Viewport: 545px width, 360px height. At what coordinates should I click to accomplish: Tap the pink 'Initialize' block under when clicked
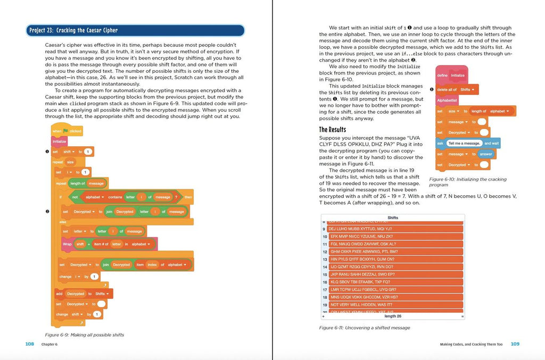tap(59, 141)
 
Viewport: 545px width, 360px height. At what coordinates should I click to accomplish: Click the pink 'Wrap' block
tap(67, 244)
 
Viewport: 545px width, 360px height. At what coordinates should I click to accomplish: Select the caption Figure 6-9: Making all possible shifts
tap(85, 334)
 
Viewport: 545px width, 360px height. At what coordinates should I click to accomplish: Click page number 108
tap(30, 344)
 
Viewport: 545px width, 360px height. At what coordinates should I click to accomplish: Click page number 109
tap(515, 344)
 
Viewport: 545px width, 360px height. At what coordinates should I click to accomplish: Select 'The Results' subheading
tap(332, 129)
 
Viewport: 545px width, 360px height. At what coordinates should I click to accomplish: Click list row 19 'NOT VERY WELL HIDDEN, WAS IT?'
tap(367, 305)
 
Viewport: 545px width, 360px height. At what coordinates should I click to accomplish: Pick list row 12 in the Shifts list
tap(364, 252)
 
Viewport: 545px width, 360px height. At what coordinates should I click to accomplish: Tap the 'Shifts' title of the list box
tap(393, 218)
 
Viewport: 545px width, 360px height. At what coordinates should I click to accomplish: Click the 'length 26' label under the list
tap(393, 316)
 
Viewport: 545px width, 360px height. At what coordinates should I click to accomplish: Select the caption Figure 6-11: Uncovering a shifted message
tap(365, 328)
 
